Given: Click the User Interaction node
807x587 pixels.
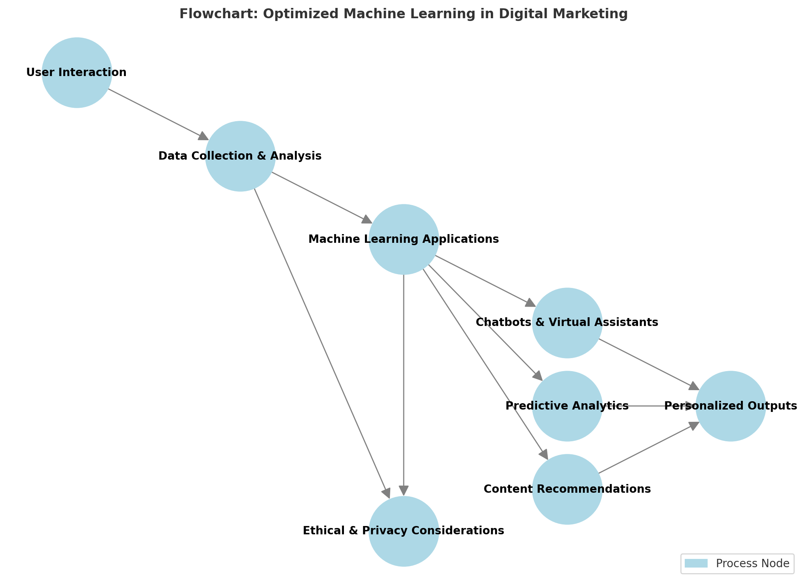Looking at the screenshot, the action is [x=77, y=73].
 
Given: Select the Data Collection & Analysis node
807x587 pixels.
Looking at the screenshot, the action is [x=240, y=156].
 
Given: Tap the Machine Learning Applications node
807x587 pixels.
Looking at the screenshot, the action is [x=404, y=239].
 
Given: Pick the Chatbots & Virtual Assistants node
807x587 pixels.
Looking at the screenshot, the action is [x=567, y=322].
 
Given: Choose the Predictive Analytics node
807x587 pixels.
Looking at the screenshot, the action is [x=567, y=406].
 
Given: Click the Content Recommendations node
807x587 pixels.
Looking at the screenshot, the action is [x=567, y=489].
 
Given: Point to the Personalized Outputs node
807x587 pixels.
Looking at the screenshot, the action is [x=731, y=406].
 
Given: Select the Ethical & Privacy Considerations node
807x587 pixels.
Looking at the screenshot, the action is [x=404, y=531].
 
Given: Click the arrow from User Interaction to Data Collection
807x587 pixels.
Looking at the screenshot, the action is [x=158, y=114].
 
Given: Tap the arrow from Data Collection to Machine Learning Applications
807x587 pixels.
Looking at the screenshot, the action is [x=322, y=198].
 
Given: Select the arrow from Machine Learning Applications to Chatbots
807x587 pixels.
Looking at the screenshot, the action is [x=485, y=281].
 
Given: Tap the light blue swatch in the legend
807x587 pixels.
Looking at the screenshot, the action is [x=696, y=564].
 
